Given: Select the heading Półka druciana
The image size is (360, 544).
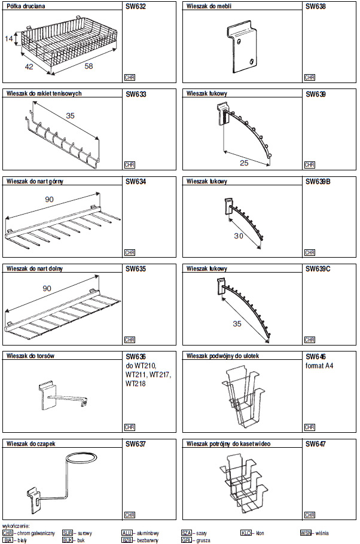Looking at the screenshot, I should point(26,6).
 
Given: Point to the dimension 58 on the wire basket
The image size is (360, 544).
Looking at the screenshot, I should point(89,66).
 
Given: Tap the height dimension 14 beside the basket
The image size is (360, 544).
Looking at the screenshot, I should point(8,39).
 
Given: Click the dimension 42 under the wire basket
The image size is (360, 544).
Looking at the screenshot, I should point(29,67).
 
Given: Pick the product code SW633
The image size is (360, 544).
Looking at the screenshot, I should point(136,94).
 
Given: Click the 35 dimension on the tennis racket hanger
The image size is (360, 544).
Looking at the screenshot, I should point(71,115).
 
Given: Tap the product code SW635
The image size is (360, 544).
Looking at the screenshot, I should point(136,269).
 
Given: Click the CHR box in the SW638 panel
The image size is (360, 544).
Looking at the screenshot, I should point(309,77).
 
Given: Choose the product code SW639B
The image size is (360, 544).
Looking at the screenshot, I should point(318,181).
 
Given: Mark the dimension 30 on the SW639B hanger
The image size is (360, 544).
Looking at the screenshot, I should point(239,236).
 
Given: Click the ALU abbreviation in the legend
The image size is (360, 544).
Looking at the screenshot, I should point(127,532).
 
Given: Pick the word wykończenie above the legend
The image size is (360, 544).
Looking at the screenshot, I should point(16,526).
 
